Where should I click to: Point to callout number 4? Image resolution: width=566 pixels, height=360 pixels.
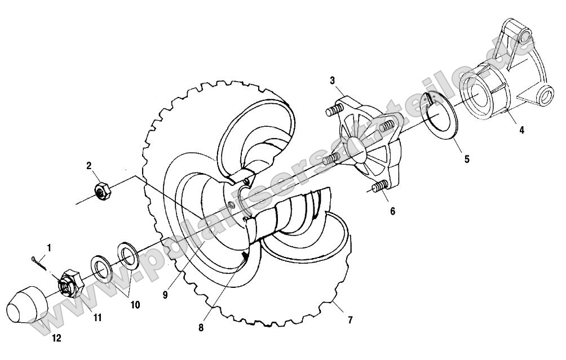[x=521, y=130]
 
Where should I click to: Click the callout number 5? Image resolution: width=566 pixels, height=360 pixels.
[x=466, y=159]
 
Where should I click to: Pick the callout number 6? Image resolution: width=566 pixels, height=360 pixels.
[x=392, y=211]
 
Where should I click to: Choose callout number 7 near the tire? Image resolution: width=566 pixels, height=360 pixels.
[x=350, y=320]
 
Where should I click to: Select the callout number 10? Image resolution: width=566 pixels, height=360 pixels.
[x=135, y=305]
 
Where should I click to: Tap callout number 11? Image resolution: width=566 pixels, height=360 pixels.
[x=98, y=318]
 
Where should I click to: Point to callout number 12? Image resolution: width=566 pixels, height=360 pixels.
[x=56, y=338]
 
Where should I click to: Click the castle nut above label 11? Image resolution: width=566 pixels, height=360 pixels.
[x=71, y=283]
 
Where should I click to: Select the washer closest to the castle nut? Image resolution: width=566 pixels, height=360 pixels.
[x=101, y=270]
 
